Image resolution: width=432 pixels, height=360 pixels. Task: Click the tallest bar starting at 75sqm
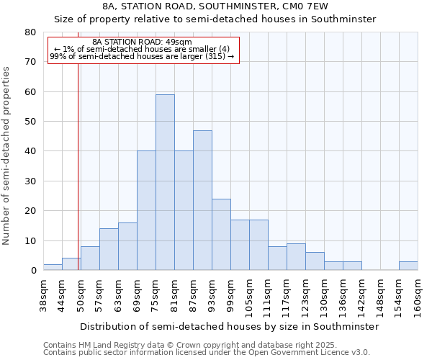click(x=165, y=182)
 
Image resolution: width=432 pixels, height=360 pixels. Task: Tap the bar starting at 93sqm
click(x=221, y=234)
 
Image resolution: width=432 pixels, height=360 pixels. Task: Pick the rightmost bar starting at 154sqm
click(x=408, y=266)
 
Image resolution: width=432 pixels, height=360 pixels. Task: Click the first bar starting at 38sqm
click(x=53, y=267)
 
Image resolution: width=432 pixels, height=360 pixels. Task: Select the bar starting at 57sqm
click(x=109, y=249)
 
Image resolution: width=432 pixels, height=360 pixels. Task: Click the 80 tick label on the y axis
click(x=30, y=32)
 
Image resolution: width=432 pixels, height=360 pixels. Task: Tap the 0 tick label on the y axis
click(x=33, y=271)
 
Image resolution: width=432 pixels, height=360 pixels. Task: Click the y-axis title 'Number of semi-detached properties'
click(x=6, y=156)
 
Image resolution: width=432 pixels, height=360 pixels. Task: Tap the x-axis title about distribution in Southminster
click(x=229, y=326)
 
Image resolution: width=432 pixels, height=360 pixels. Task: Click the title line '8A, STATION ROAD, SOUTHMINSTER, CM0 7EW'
click(x=215, y=6)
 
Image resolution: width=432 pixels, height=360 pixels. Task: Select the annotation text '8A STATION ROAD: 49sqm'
click(x=143, y=42)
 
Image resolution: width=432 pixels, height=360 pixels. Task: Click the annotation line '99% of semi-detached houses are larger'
click(x=142, y=56)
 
